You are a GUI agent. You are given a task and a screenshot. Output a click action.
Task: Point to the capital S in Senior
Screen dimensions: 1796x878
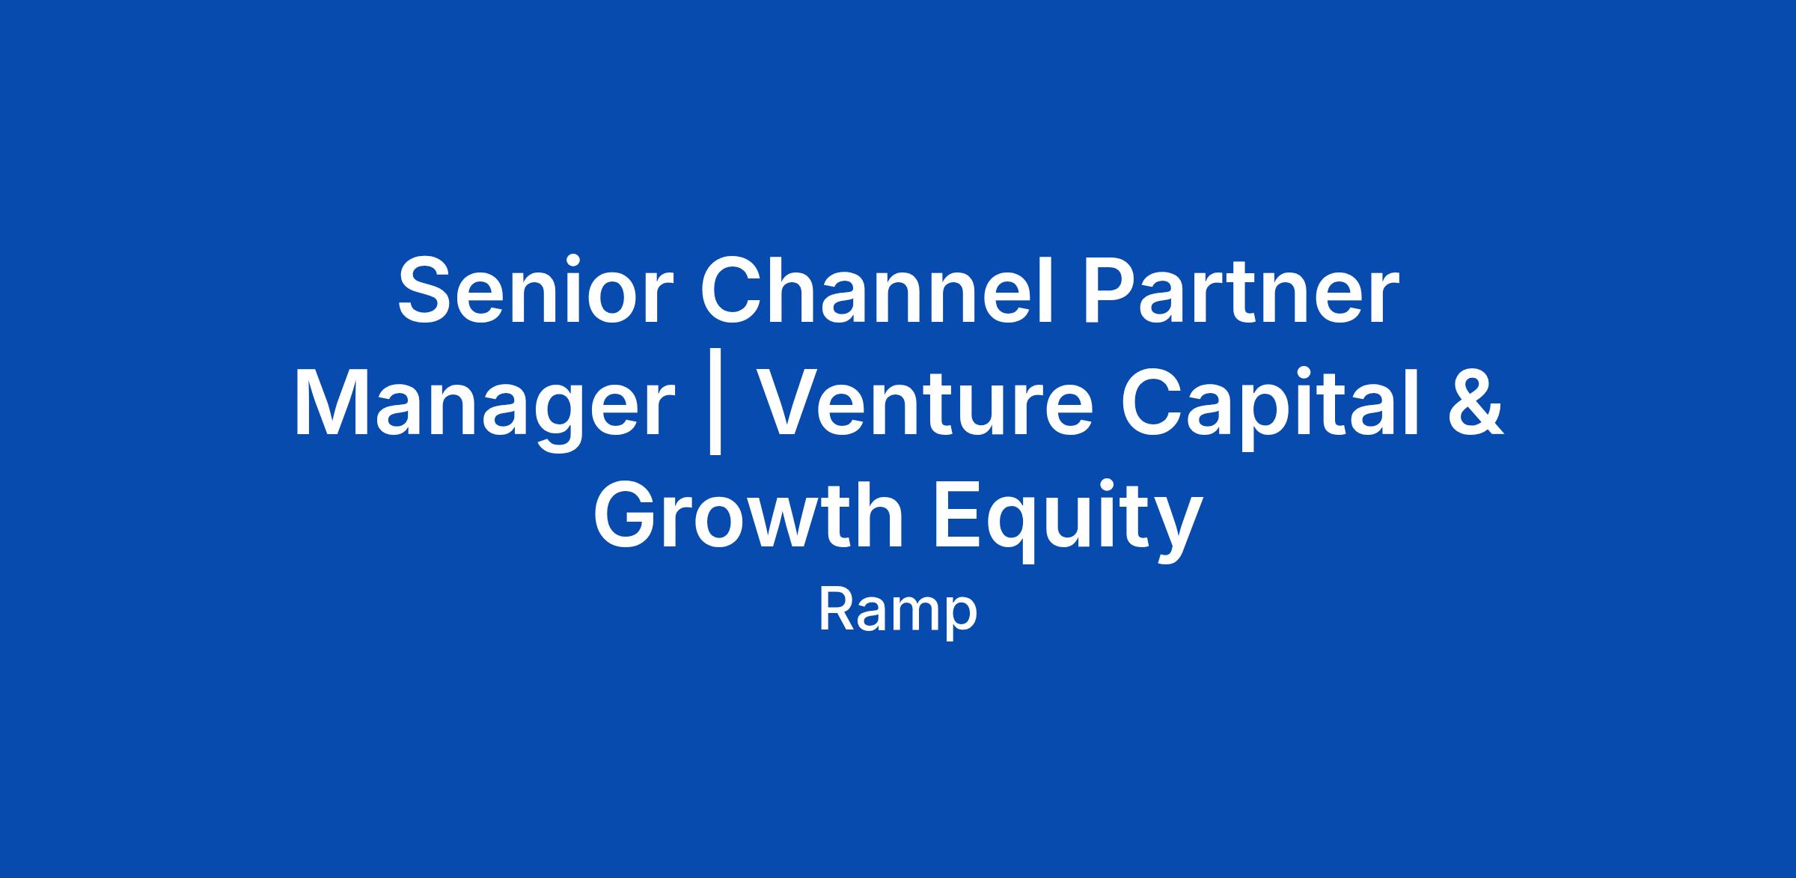click(427, 290)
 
